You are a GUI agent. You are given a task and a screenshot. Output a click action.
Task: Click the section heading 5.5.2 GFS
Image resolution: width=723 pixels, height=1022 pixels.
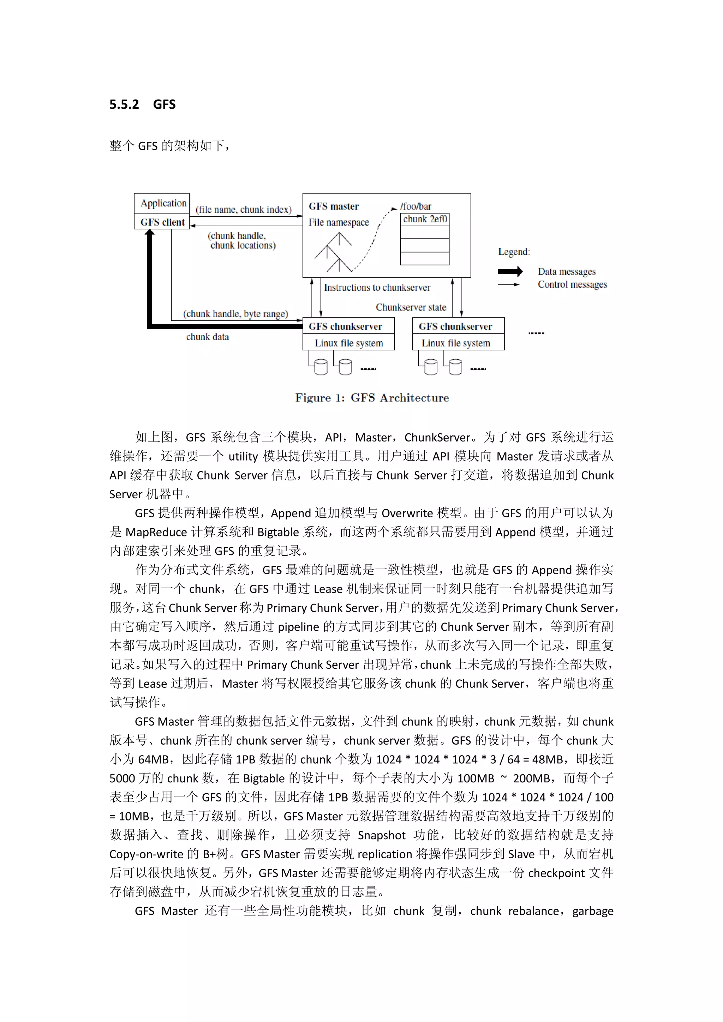coord(143,104)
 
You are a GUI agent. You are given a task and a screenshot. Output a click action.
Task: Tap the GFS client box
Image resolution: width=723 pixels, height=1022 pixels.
coord(162,222)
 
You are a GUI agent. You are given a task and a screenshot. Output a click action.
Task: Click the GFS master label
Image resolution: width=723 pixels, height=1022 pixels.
coord(334,206)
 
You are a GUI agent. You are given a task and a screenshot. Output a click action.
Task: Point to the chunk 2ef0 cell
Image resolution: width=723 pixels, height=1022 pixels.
coord(425,220)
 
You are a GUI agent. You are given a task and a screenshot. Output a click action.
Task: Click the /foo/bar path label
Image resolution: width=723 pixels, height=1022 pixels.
coord(416,206)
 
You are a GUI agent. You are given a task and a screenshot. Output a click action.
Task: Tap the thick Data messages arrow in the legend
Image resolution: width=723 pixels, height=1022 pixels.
coord(510,271)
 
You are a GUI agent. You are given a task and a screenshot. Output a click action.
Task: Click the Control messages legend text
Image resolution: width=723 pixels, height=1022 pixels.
coord(572,284)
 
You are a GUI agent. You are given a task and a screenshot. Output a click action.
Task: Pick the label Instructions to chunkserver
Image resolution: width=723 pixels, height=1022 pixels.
coord(377,288)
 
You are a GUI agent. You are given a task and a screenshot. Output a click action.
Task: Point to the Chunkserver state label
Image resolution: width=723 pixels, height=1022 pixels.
coord(411,307)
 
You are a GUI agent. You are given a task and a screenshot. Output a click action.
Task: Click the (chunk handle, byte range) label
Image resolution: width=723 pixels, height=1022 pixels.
coord(235,314)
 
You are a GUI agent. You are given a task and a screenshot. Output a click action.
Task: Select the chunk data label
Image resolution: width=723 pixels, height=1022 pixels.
coord(208,337)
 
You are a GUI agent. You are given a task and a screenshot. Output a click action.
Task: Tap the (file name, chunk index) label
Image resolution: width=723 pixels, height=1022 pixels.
coord(244,210)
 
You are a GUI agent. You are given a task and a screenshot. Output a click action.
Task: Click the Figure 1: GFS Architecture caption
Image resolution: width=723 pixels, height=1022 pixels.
coord(372,397)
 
